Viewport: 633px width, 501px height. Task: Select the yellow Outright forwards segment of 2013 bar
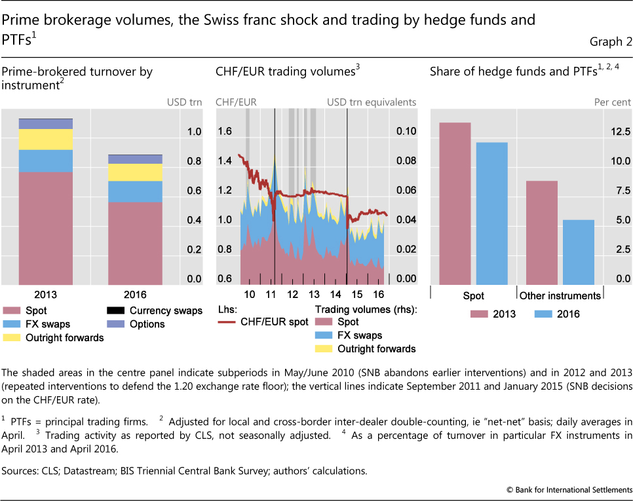pos(45,139)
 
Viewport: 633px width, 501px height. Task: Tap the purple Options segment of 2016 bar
pos(135,159)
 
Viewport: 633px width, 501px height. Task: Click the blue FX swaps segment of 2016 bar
pos(135,192)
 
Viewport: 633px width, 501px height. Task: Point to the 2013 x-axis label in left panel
pos(45,294)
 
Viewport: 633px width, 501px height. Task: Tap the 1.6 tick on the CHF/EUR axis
pos(225,132)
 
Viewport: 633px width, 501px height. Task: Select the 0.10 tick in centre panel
pos(406,132)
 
